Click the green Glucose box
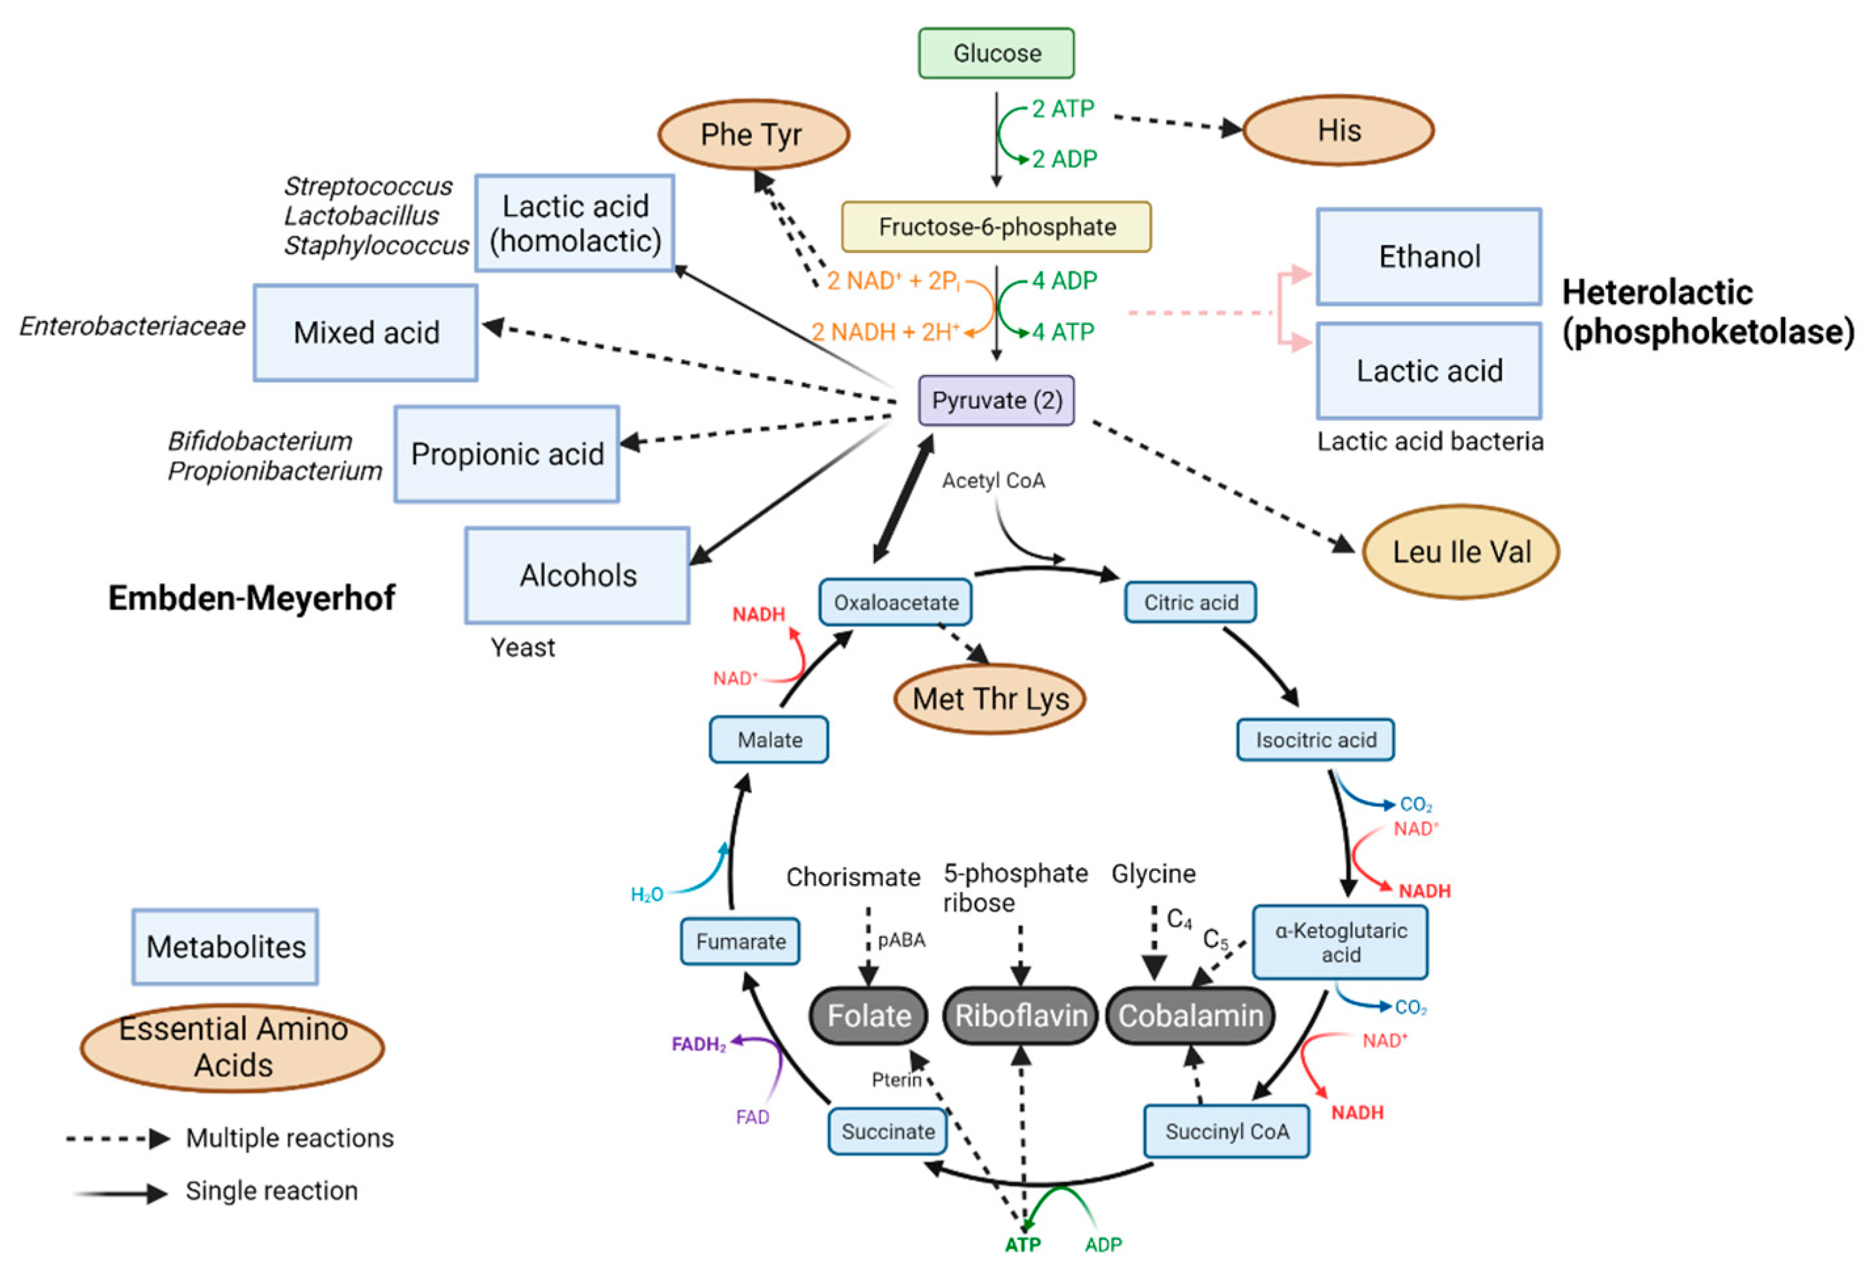coord(996,53)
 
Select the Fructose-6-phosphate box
coord(996,226)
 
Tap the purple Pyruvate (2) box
coord(996,400)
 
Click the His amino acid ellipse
coord(1338,130)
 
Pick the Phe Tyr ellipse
coord(753,134)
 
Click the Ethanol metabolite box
coord(1428,257)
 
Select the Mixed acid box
coord(366,332)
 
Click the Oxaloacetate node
coord(896,602)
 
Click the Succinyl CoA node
coord(1226,1131)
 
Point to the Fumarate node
coord(740,941)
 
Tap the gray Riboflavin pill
coord(1020,1015)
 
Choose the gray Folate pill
coord(868,1015)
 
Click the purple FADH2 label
coord(698,1045)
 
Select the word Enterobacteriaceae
coord(132,327)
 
